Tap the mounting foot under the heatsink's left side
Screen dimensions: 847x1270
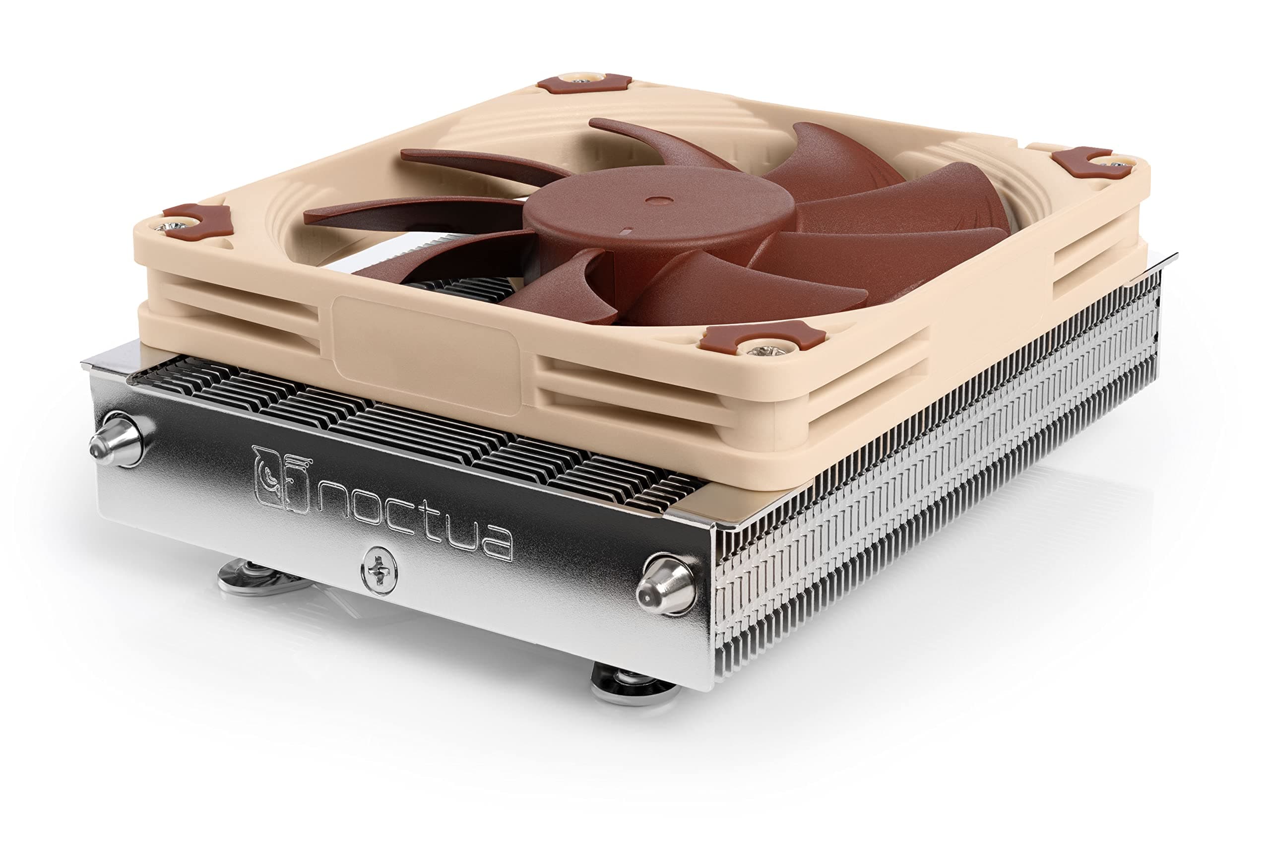pyautogui.click(x=254, y=578)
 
